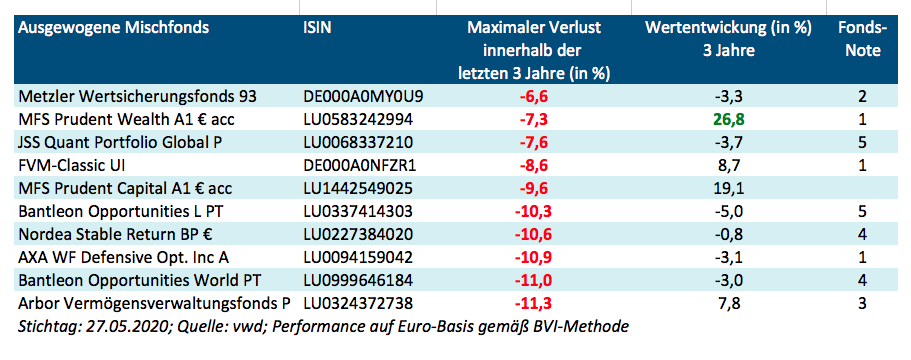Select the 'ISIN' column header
click(319, 27)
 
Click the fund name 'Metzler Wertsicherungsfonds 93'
click(138, 97)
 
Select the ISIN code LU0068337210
click(357, 142)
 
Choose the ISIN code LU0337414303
click(358, 211)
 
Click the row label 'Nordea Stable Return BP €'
click(117, 234)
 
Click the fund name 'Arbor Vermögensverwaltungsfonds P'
click(155, 303)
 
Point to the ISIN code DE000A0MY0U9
click(363, 97)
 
